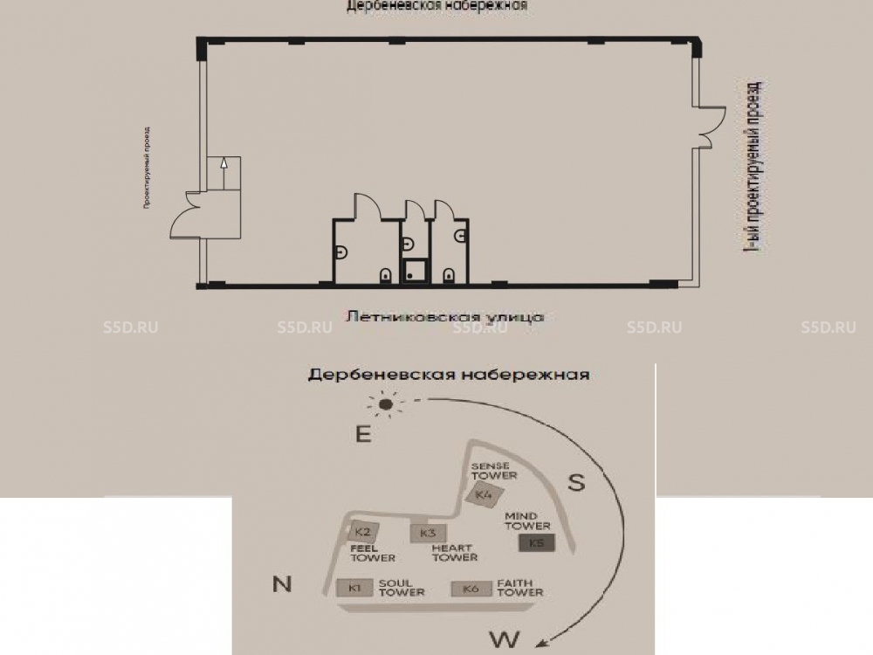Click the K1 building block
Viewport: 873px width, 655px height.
(354, 588)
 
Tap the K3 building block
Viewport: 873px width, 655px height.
(427, 533)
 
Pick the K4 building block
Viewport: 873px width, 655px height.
(485, 495)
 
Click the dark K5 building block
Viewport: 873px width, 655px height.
(536, 543)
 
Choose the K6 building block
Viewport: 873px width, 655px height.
(471, 589)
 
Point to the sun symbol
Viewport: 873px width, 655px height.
(385, 403)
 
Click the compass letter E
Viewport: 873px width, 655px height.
(363, 435)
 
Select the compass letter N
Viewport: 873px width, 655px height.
(282, 584)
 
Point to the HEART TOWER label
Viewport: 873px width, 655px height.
(455, 553)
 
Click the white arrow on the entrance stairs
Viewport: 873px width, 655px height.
(223, 163)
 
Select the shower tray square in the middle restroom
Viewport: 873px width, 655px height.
(413, 272)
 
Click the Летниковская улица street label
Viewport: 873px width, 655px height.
(445, 315)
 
